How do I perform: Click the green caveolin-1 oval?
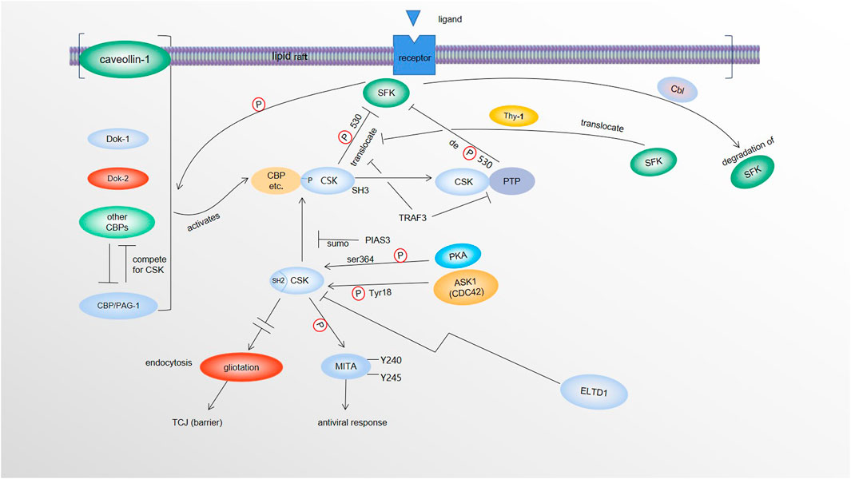[x=125, y=59]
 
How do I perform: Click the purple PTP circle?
[x=511, y=182]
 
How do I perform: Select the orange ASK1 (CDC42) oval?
[x=465, y=287]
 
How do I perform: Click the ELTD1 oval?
[x=594, y=393]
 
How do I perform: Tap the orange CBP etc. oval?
[x=274, y=181]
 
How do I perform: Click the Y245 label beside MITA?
[x=390, y=378]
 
